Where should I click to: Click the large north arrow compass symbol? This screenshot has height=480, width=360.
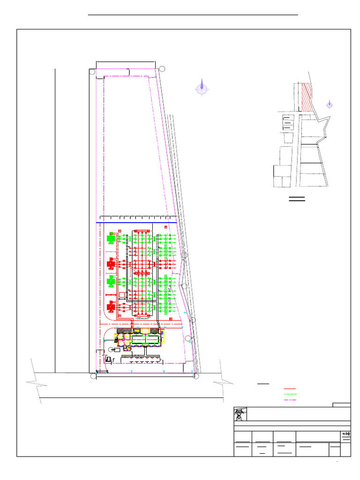pyautogui.click(x=202, y=88)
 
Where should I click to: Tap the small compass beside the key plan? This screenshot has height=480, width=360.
pyautogui.click(x=330, y=105)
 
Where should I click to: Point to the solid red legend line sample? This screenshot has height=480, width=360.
pyautogui.click(x=290, y=389)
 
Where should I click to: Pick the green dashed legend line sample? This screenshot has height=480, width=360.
pyautogui.click(x=290, y=394)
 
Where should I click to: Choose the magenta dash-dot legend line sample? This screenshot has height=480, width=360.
pyautogui.click(x=290, y=400)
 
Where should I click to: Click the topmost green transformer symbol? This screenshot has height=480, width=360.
pyautogui.click(x=111, y=239)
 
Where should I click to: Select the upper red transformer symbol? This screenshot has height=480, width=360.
pyautogui.click(x=111, y=264)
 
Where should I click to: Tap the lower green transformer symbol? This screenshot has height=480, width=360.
pyautogui.click(x=111, y=282)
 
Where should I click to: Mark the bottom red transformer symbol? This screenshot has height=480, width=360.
pyautogui.click(x=111, y=307)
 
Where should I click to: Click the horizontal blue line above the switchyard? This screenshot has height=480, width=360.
pyautogui.click(x=136, y=222)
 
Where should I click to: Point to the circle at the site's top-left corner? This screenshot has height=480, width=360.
pyautogui.click(x=93, y=72)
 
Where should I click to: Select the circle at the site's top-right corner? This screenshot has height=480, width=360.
pyautogui.click(x=162, y=68)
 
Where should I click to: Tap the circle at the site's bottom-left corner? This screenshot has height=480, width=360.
pyautogui.click(x=93, y=376)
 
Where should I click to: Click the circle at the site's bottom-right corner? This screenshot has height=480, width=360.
pyautogui.click(x=196, y=376)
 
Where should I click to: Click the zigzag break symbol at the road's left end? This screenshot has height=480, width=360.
pyautogui.click(x=36, y=382)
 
